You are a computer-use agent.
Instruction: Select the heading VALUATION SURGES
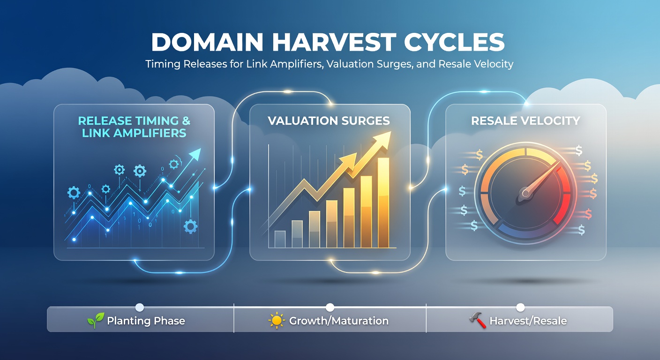pos(329,121)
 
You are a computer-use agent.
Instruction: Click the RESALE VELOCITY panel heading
pos(525,121)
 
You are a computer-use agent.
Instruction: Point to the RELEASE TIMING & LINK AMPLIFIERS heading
pos(134,127)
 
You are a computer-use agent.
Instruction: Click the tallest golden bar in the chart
pos(383,202)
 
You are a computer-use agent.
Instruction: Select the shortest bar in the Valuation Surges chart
pos(280,239)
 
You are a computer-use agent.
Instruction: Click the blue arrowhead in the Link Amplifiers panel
pos(195,155)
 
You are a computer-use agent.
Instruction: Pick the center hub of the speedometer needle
pos(525,192)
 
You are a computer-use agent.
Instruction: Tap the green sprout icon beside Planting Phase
pos(95,321)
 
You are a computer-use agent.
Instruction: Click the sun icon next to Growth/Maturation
pos(277,321)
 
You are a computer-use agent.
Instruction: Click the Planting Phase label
pos(146,321)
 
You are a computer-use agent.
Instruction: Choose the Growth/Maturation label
pos(338,321)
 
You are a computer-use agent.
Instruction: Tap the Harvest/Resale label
pos(528,321)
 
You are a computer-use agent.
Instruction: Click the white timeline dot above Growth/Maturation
pos(330,307)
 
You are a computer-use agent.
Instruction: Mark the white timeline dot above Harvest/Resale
pos(520,307)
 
